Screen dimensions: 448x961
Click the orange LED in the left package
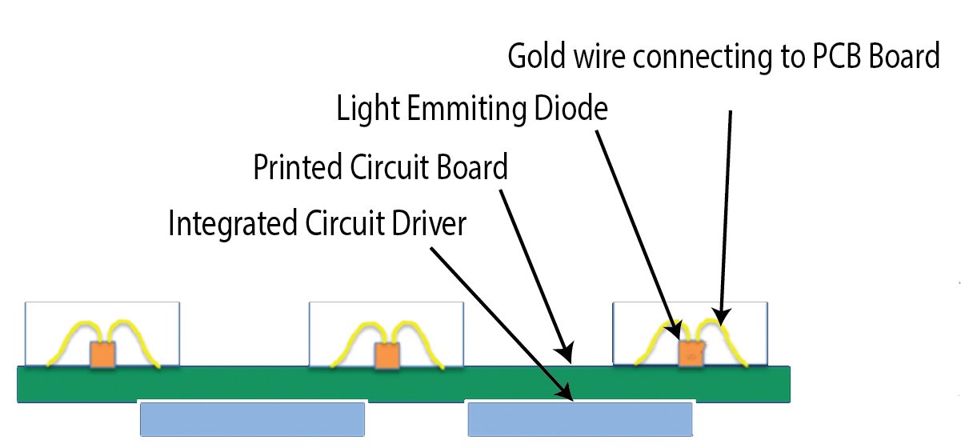tap(102, 354)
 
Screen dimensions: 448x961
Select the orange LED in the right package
tap(690, 353)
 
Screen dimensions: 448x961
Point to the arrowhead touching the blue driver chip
tap(567, 393)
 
